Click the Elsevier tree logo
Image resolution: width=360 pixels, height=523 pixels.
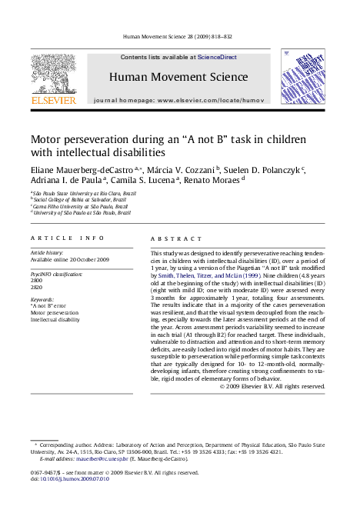(x=53, y=74)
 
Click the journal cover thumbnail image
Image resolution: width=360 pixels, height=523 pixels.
(x=302, y=78)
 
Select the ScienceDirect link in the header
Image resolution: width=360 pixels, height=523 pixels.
(x=217, y=57)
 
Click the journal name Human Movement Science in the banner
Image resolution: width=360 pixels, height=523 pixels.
(x=178, y=77)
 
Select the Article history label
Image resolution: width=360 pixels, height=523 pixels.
(x=48, y=252)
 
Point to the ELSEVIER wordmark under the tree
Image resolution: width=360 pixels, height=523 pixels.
(x=53, y=101)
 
